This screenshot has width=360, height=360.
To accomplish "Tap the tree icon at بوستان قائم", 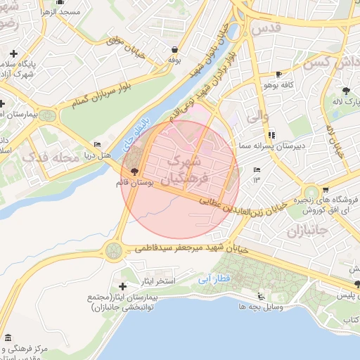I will [x=133, y=172].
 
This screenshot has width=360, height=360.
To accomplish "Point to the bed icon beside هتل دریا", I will [x=98, y=143].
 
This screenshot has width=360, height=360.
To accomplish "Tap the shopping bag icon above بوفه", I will [x=174, y=49].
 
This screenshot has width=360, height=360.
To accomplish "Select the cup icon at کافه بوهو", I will [x=279, y=74].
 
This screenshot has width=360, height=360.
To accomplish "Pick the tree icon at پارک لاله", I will [x=346, y=91].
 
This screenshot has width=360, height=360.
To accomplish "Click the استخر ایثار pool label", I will [x=156, y=282].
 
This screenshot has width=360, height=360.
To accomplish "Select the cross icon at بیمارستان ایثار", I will [x=123, y=286].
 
